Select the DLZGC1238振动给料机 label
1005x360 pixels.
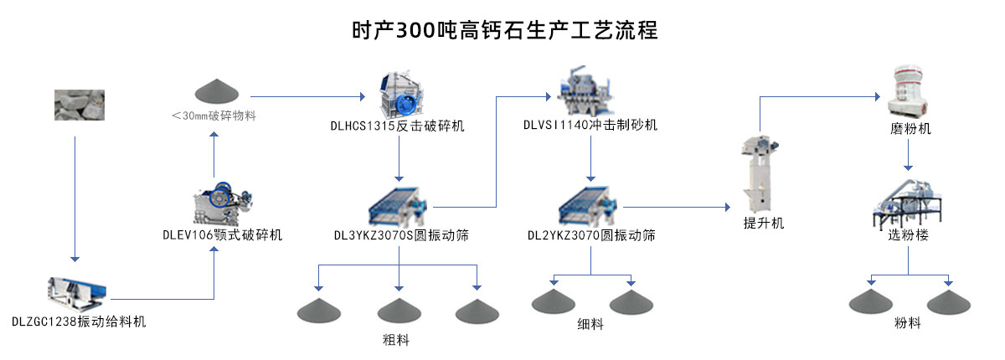pos(79,321)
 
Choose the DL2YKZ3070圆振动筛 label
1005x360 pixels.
pos(591,235)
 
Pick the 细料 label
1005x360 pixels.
pos(590,324)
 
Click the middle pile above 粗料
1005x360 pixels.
pos(398,311)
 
